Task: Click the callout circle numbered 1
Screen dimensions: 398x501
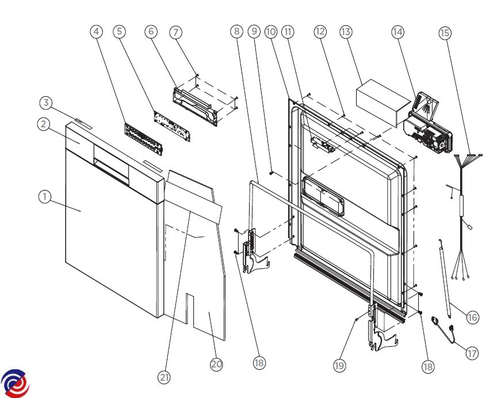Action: pos(44,196)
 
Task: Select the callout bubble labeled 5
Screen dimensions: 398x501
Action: pos(119,31)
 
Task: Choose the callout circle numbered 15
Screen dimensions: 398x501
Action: pos(445,32)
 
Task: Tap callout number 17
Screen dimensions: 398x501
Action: pos(472,353)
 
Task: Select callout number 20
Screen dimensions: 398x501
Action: pos(216,364)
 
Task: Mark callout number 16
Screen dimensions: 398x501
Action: pos(472,316)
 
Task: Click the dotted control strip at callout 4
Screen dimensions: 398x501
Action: pos(143,137)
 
